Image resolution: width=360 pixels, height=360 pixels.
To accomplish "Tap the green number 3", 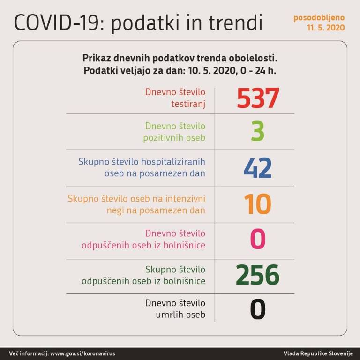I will [257, 132].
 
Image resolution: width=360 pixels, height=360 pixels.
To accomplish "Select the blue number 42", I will [257, 168].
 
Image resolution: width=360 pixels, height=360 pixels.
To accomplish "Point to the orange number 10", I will [257, 204].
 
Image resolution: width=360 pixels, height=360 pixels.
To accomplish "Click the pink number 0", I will [258, 239].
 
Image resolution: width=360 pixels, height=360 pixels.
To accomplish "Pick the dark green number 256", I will [257, 275].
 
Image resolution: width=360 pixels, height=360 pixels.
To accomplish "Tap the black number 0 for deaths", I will [258, 309].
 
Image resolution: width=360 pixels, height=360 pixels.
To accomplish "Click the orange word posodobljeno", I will [319, 18].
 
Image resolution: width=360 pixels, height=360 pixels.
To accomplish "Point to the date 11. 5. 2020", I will [326, 28].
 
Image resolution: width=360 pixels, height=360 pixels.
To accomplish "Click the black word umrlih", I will [169, 315].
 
